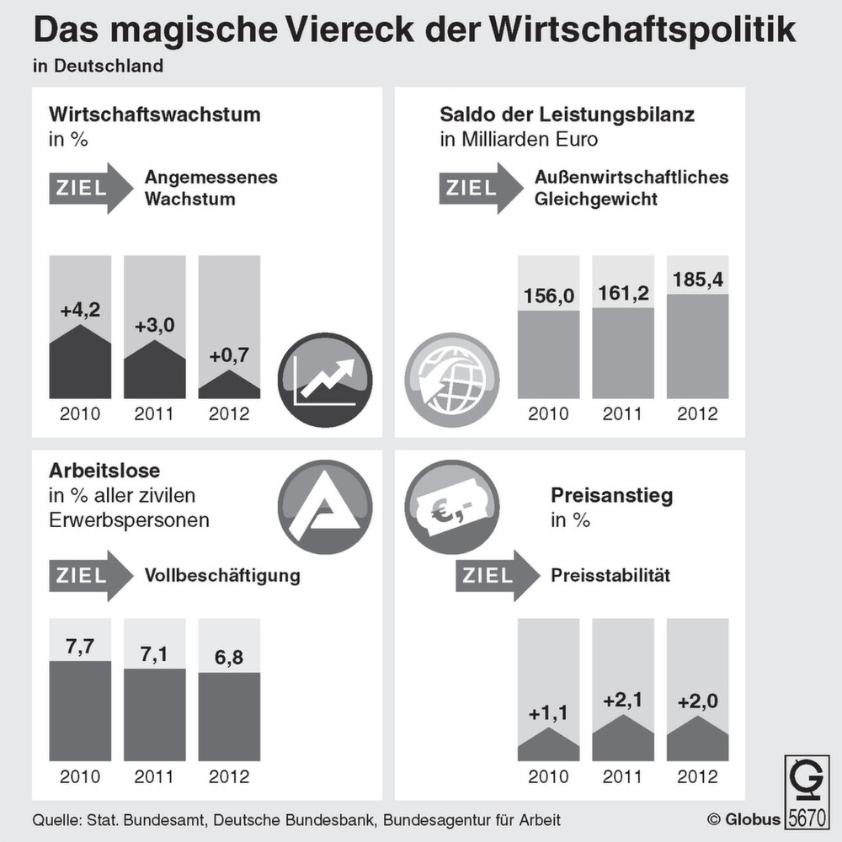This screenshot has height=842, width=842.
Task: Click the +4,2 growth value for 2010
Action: click(x=80, y=311)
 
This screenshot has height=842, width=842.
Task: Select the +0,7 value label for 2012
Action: click(x=228, y=356)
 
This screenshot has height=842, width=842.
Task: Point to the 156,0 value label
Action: click(x=548, y=296)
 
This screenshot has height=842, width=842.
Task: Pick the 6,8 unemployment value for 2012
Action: click(x=229, y=657)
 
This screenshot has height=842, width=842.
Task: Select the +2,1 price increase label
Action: click(x=622, y=701)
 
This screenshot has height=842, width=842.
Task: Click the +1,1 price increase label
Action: click(x=549, y=713)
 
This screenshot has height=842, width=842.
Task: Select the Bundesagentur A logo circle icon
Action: click(x=324, y=507)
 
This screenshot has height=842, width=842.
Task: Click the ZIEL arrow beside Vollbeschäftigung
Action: click(x=91, y=576)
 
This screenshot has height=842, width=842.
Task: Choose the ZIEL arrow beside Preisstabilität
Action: click(x=498, y=576)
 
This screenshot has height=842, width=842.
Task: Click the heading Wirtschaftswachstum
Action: click(x=154, y=114)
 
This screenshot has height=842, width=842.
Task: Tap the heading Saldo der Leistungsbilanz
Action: click(x=567, y=114)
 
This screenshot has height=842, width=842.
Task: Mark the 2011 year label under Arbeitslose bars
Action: click(x=154, y=775)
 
